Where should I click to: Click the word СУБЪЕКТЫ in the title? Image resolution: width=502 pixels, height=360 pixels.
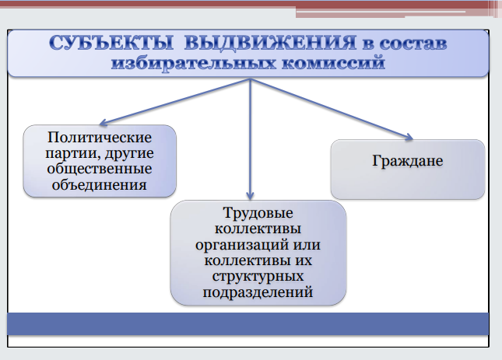[111, 43]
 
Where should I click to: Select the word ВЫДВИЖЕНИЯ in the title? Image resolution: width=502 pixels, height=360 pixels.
[270, 43]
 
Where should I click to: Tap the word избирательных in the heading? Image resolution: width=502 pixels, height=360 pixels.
[193, 63]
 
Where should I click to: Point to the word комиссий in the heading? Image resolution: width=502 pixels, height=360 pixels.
[333, 62]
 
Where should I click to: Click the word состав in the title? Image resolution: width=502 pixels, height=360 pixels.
[413, 44]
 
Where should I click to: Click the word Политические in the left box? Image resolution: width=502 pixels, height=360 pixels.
[100, 138]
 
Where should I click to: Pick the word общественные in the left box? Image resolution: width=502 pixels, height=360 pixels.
[100, 169]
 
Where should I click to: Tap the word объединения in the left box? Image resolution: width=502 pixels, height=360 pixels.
[100, 185]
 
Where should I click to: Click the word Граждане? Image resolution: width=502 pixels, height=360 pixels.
[408, 161]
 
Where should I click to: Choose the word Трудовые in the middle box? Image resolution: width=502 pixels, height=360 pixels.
[258, 213]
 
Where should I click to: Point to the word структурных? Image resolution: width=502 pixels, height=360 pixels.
[258, 277]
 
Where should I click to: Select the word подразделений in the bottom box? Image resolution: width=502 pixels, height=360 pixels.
[258, 292]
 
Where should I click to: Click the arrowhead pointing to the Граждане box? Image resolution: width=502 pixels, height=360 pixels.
[409, 137]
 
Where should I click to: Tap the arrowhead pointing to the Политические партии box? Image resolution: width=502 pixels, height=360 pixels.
[104, 122]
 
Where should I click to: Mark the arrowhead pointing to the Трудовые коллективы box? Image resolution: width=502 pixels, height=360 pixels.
[250, 196]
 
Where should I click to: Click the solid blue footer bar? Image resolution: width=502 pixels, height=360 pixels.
[247, 324]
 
